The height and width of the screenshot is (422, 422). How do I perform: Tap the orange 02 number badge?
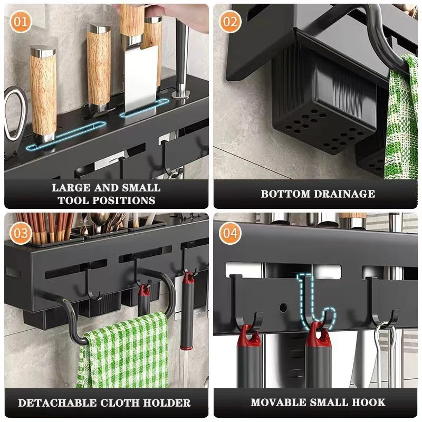click(231, 22)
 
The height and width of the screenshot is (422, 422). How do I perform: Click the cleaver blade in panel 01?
click(140, 79)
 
